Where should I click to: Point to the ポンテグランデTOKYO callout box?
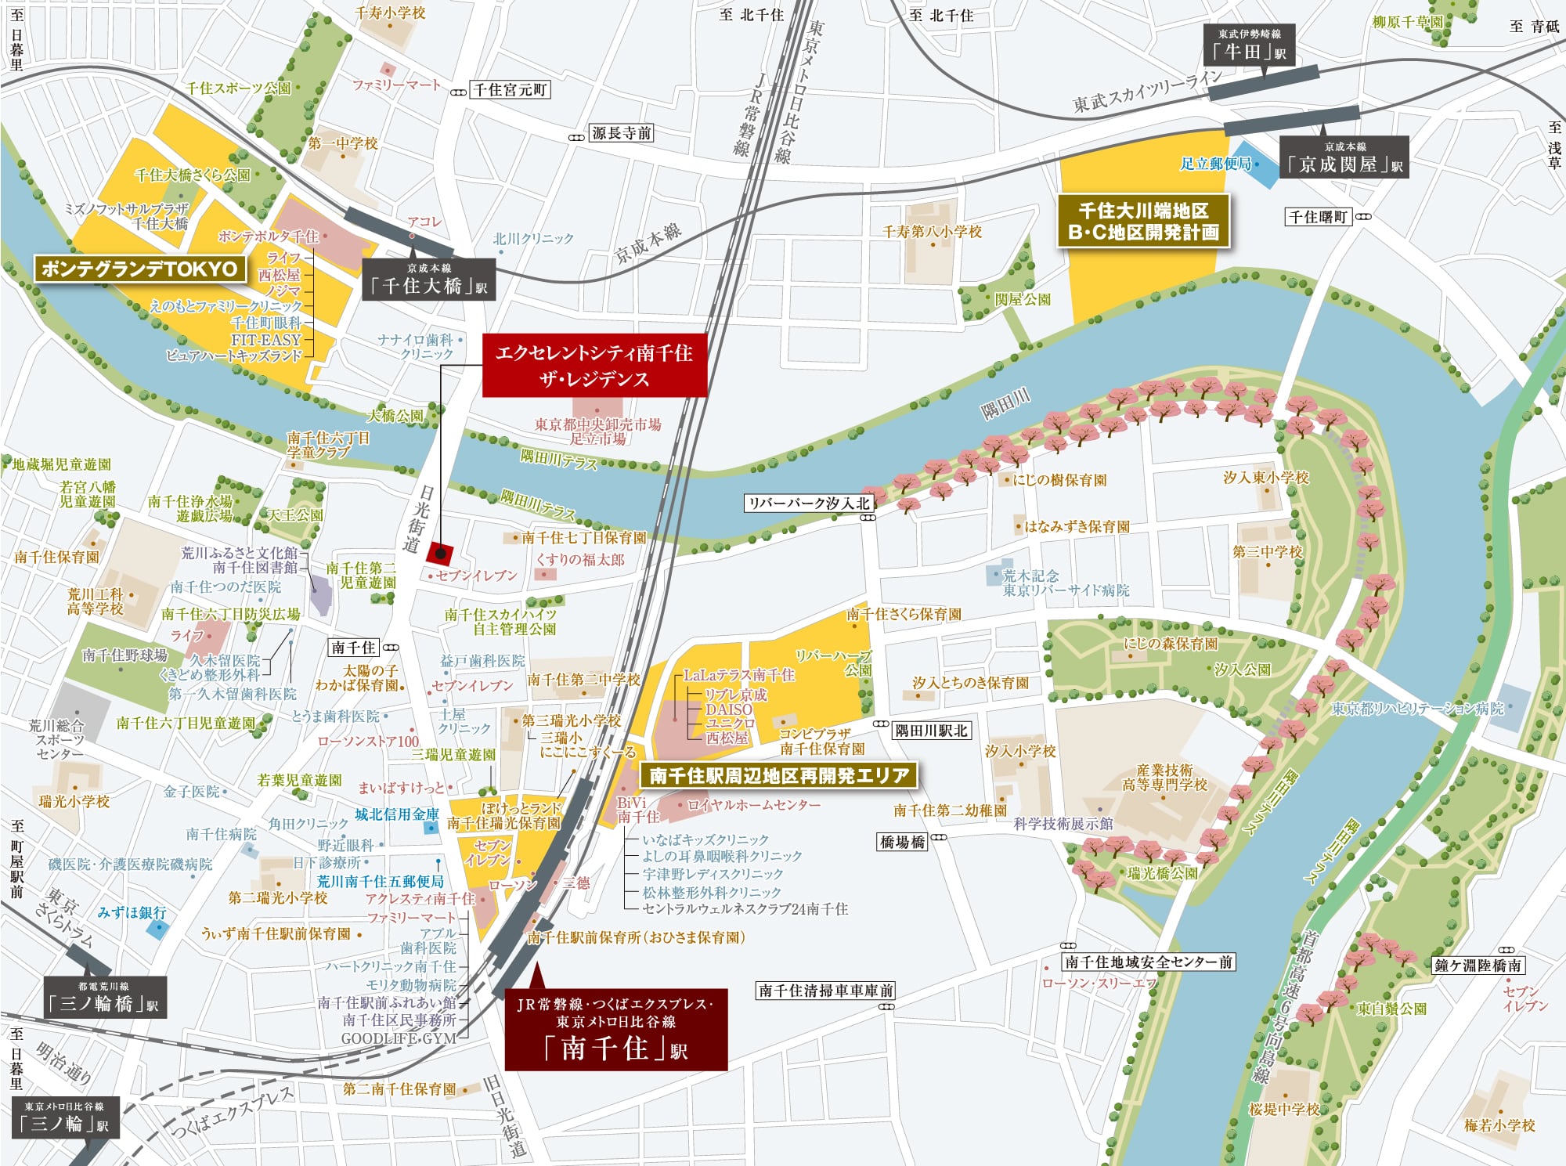click(x=139, y=269)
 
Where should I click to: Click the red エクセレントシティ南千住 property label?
click(x=594, y=366)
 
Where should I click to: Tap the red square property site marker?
click(x=440, y=553)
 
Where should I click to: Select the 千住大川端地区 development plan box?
click(x=1143, y=222)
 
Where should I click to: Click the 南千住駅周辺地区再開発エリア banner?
click(x=779, y=775)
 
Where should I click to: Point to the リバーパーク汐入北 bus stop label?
click(x=809, y=503)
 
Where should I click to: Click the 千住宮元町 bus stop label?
click(x=510, y=90)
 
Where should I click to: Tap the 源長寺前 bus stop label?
click(x=621, y=133)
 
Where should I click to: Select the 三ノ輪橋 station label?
click(x=105, y=997)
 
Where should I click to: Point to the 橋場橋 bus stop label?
click(x=902, y=842)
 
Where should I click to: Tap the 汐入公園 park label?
click(x=1242, y=670)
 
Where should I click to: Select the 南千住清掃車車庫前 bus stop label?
click(x=825, y=991)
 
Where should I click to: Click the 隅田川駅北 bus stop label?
click(x=931, y=731)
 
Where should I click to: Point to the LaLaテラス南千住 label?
click(x=738, y=675)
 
